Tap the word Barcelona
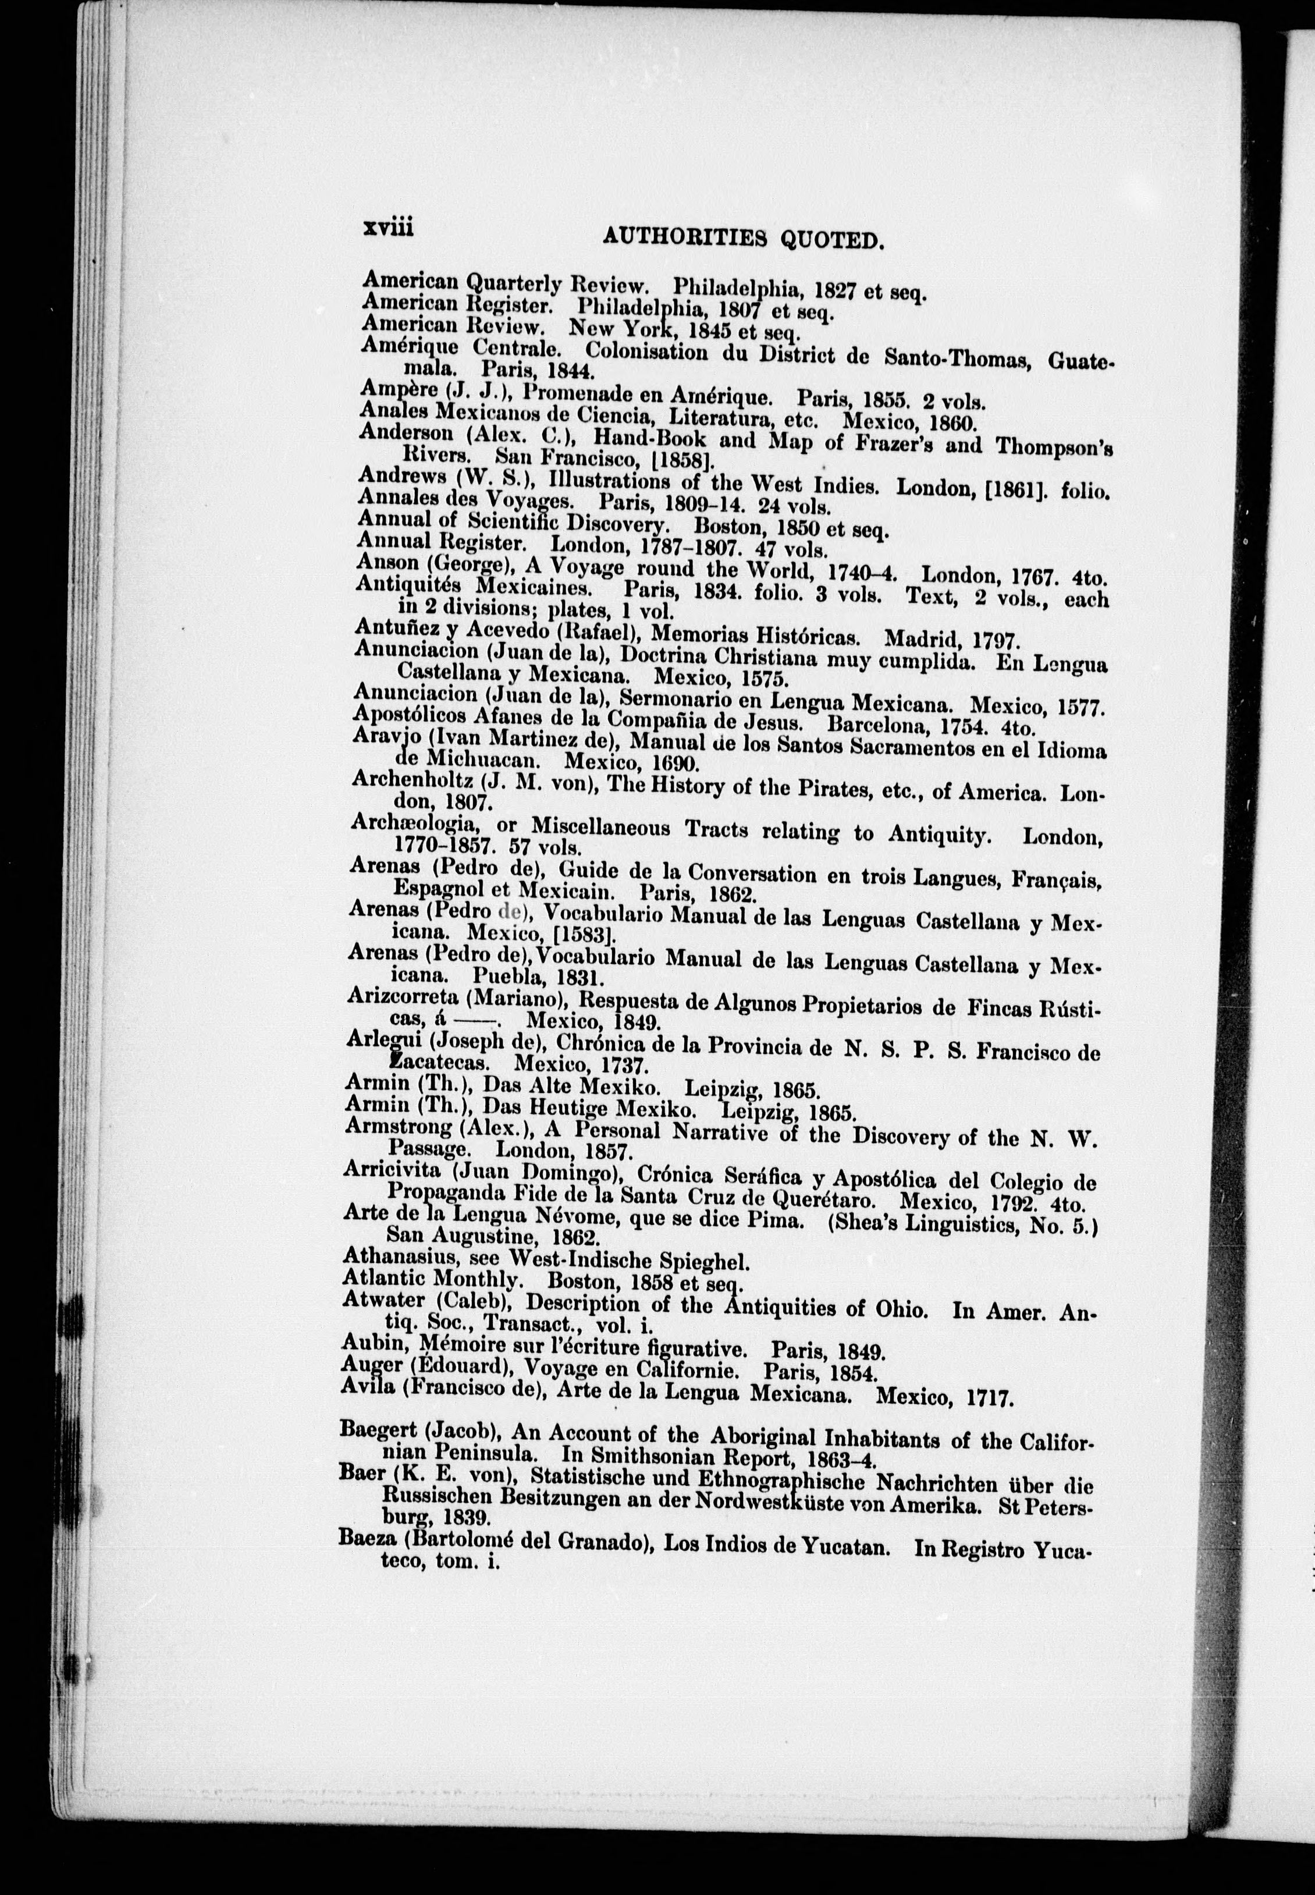pyautogui.click(x=872, y=725)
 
